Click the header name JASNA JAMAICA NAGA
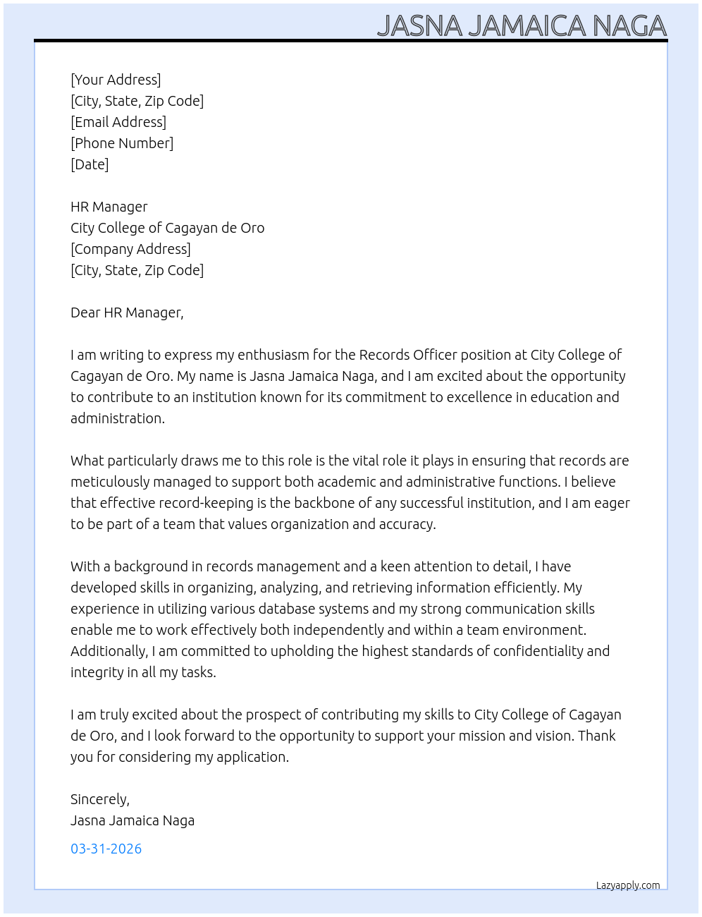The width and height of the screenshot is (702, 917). (x=522, y=25)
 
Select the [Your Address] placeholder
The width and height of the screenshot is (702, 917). (x=116, y=80)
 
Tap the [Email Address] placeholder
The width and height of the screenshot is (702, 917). (x=118, y=122)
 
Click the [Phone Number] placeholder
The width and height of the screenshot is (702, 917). (x=122, y=143)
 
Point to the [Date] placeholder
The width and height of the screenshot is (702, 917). (x=90, y=164)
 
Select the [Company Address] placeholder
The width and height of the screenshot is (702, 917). (x=130, y=249)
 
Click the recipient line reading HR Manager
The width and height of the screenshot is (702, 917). (x=109, y=207)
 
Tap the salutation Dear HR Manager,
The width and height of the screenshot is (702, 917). (x=127, y=312)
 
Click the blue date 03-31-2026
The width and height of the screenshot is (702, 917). (x=106, y=849)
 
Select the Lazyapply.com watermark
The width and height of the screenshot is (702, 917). (x=628, y=885)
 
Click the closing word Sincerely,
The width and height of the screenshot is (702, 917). (x=100, y=799)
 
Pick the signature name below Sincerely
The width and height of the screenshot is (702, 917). (x=133, y=820)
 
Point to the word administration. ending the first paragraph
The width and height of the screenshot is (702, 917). (x=117, y=418)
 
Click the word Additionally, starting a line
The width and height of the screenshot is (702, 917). (x=109, y=651)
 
